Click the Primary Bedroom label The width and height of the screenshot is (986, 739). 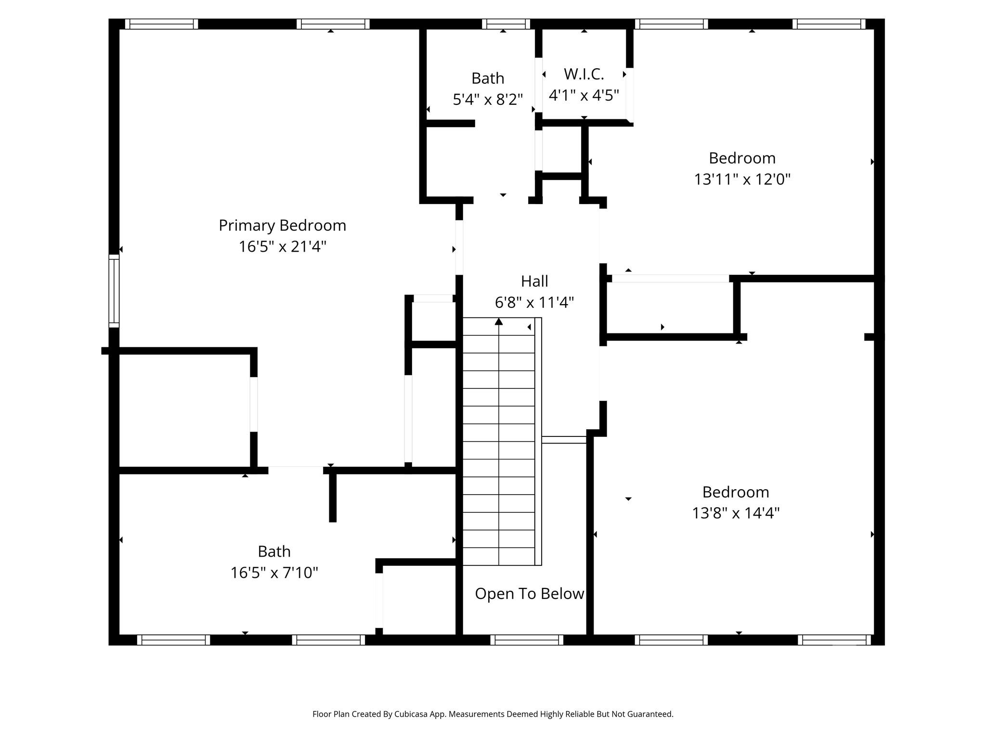click(x=282, y=225)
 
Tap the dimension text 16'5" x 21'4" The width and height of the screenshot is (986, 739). click(x=282, y=247)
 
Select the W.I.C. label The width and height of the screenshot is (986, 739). click(x=584, y=74)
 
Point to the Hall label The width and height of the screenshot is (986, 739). click(x=534, y=281)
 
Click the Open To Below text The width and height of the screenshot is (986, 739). click(x=529, y=594)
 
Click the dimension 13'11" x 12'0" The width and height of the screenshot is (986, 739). click(x=742, y=179)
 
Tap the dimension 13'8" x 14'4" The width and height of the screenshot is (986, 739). click(x=736, y=513)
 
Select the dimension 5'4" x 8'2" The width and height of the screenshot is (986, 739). click(x=488, y=100)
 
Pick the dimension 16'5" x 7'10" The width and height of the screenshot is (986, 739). click(x=274, y=573)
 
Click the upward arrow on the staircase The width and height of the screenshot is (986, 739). click(x=499, y=321)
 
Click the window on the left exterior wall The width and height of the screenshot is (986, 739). click(x=114, y=291)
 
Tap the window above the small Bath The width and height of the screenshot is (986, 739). click(x=506, y=24)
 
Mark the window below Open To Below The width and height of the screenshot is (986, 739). click(x=527, y=640)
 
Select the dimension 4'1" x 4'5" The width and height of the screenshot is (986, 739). click(x=584, y=96)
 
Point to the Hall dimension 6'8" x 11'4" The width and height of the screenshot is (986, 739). click(x=534, y=303)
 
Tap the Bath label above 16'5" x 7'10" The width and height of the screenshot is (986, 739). click(x=274, y=551)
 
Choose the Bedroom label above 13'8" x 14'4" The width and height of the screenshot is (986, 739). click(x=736, y=492)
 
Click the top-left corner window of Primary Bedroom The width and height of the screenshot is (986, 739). click(x=162, y=24)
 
